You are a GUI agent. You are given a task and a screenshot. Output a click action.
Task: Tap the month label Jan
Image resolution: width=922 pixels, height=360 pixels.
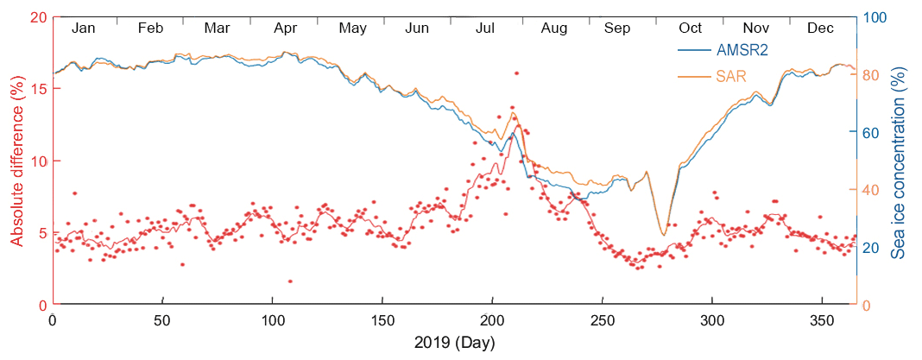click(84, 28)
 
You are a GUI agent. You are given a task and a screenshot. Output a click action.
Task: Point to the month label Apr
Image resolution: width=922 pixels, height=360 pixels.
click(286, 28)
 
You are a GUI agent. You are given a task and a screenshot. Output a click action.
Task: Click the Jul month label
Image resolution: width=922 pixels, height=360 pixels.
click(486, 28)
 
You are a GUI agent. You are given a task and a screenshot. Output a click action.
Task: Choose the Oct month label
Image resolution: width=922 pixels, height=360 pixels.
click(690, 28)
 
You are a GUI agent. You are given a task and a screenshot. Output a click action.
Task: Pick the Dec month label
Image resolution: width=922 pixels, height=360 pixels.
click(820, 28)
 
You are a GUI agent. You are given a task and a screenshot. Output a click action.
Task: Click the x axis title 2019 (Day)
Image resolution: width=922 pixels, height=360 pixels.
click(455, 343)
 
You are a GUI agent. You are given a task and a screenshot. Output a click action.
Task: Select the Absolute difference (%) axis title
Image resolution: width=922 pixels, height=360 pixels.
click(16, 161)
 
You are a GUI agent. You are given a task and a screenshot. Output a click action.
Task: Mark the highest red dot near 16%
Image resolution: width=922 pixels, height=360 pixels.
click(516, 73)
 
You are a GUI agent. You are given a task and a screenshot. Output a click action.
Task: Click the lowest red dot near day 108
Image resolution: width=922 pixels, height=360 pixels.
click(290, 281)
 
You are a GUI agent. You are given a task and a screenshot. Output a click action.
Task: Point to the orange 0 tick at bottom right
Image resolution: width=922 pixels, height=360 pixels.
click(867, 306)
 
